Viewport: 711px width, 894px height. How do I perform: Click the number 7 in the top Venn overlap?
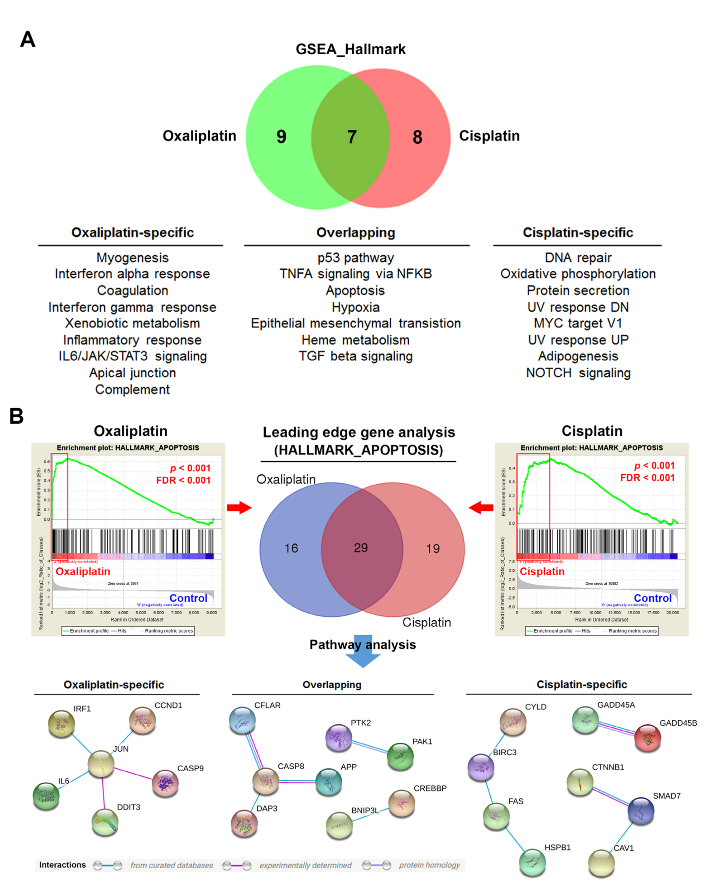click(352, 137)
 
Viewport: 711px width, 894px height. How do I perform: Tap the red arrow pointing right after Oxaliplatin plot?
click(239, 507)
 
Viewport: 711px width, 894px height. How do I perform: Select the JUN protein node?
click(101, 764)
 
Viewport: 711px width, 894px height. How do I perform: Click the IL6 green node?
click(46, 796)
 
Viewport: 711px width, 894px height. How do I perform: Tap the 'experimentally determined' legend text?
click(305, 865)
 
